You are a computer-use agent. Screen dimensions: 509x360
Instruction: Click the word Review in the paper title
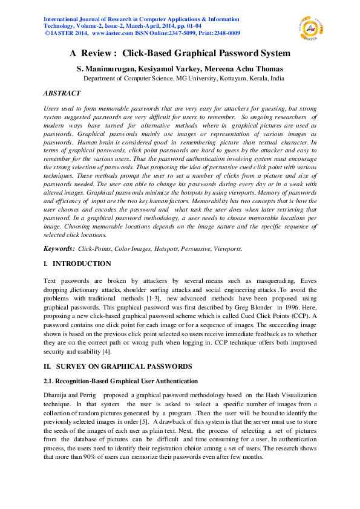(99, 53)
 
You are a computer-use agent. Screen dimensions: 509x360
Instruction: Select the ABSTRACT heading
(62, 94)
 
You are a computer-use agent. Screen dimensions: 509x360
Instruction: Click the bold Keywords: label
(59, 248)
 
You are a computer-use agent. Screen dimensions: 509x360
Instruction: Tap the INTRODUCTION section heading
(82, 264)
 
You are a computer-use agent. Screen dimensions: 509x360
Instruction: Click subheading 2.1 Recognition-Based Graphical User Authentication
(120, 381)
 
